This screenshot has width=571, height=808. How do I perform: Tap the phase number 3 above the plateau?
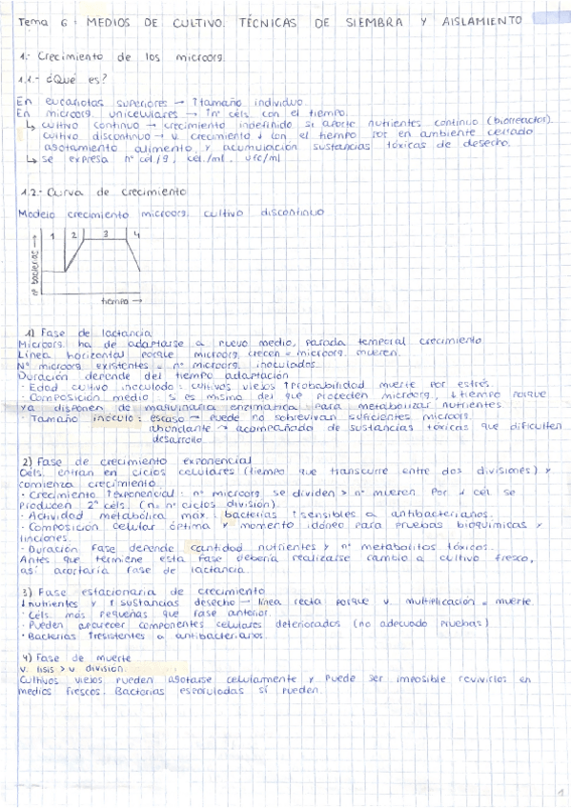(x=106, y=233)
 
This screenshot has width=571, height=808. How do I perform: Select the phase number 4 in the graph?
(x=136, y=234)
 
